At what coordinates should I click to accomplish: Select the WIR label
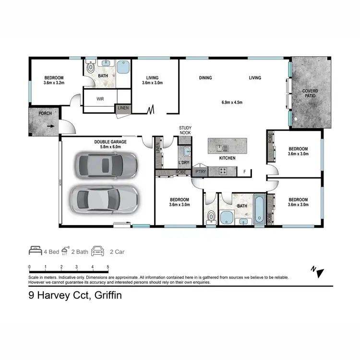[100, 99]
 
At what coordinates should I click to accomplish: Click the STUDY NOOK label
[185, 131]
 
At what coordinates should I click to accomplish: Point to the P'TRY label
[200, 171]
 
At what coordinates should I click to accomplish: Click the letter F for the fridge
[244, 171]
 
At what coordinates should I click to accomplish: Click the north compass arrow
[319, 272]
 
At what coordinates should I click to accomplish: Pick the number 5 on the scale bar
[108, 267]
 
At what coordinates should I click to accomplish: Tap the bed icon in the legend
[36, 251]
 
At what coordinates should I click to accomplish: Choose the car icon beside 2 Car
[98, 251]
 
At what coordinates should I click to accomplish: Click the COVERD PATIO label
[311, 94]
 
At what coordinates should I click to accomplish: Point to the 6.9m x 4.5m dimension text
[232, 102]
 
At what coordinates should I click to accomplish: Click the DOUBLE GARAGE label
[110, 142]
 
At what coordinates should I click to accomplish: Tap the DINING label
[205, 78]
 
